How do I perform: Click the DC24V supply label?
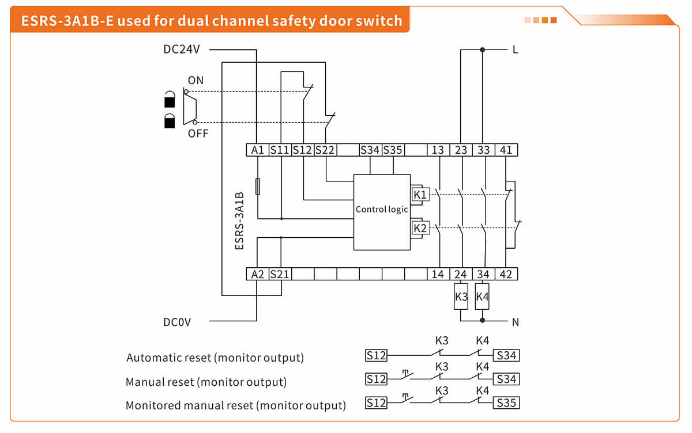182,50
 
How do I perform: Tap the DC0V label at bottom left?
177,322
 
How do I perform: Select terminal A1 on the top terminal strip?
257,150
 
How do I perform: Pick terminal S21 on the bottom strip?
280,275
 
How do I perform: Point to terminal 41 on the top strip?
506,150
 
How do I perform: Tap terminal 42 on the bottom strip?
506,275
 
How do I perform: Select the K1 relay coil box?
420,195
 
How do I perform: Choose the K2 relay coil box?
420,228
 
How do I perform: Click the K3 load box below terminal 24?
461,297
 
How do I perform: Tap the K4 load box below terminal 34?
483,297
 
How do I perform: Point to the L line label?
515,50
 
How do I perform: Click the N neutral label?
515,322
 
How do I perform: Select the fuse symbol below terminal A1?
258,186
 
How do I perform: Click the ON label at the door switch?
195,81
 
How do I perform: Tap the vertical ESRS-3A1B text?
240,221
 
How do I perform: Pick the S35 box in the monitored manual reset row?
506,403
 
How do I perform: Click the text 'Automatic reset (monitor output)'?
215,358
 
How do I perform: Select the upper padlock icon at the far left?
170,100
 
